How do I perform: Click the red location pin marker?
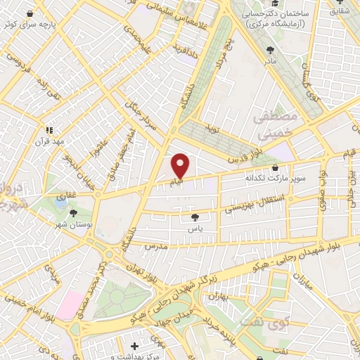click(x=181, y=166)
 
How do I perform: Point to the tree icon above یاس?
click(x=195, y=218)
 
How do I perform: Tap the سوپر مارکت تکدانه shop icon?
click(x=274, y=169)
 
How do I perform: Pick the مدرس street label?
click(x=157, y=247)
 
